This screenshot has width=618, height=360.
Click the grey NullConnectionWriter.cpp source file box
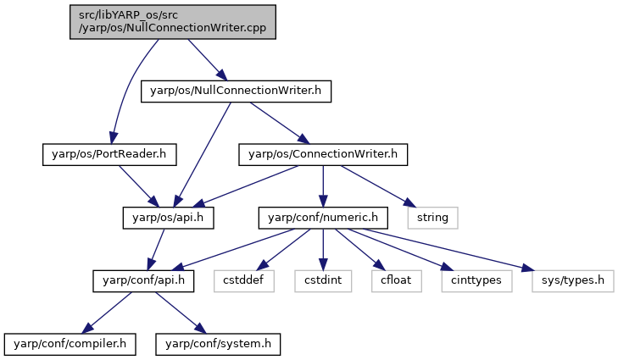[173, 22]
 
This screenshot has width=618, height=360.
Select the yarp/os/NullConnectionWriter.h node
[236, 91]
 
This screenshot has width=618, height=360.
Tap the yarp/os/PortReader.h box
[109, 155]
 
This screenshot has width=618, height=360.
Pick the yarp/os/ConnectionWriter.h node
[323, 155]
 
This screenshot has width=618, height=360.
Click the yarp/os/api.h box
[169, 218]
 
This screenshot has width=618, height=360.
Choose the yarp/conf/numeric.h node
[323, 218]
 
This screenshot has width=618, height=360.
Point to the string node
[432, 218]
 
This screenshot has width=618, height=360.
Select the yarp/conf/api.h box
[143, 281]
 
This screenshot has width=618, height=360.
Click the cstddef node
[244, 281]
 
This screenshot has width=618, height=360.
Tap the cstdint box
[323, 281]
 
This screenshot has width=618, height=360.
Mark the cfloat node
[396, 281]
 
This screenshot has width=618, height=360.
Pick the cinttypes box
[476, 281]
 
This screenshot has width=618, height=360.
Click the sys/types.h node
[573, 281]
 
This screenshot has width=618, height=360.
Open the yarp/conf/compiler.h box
[70, 344]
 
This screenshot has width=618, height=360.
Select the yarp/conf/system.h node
[218, 344]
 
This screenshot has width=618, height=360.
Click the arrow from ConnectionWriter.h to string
[378, 186]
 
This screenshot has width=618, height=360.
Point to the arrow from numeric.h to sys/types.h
[448, 250]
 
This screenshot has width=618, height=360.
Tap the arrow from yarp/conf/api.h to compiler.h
[107, 313]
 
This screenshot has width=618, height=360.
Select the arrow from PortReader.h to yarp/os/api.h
[139, 186]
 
